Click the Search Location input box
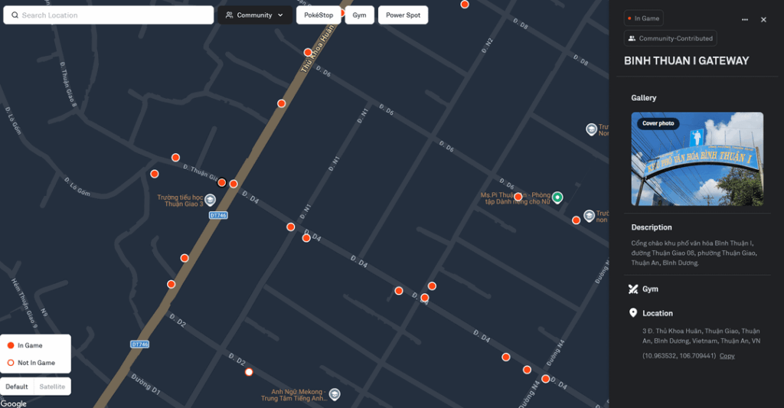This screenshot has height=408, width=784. point(109,15)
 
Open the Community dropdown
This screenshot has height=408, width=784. point(255,15)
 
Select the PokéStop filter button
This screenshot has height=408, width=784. point(318,15)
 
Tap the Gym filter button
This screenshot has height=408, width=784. point(359,15)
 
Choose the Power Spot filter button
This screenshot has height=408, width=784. point(403,15)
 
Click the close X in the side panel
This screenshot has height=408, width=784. point(763,20)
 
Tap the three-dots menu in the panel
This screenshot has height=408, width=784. point(745,20)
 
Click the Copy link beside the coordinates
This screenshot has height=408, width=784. point(727,356)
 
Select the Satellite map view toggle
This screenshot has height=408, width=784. point(53,387)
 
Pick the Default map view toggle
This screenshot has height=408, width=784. point(18,387)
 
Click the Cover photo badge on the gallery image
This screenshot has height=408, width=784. point(658,123)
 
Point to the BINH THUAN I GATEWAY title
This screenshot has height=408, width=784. point(686,60)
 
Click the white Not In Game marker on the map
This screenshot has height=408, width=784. point(249,372)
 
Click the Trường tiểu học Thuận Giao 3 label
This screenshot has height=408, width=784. point(181,201)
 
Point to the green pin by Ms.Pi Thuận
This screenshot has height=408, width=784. point(557,197)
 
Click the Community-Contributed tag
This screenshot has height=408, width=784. point(671,38)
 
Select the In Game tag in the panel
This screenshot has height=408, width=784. point(644,18)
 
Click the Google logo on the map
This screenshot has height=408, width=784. point(13,403)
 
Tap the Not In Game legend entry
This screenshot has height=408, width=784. point(36,363)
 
